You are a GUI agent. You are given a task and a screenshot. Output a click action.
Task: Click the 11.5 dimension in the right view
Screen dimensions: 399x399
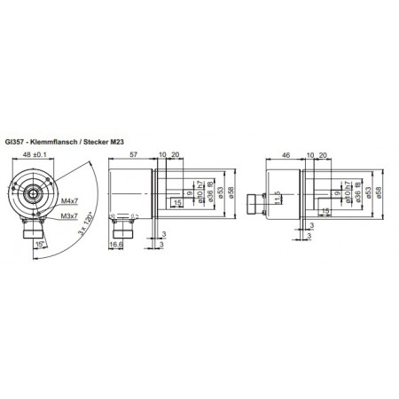click(277, 196)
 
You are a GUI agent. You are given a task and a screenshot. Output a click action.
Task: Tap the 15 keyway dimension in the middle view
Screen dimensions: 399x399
click(180, 203)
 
